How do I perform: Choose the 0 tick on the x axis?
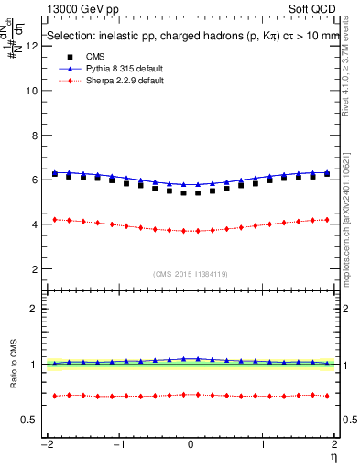click(x=191, y=444)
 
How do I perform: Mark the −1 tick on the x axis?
click(x=116, y=444)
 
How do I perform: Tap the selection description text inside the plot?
click(x=186, y=38)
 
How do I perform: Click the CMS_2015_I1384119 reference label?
click(x=191, y=274)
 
